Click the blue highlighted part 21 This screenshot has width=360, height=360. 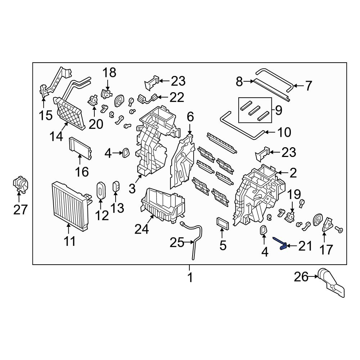(282, 244)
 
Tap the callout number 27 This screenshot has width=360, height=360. (20, 209)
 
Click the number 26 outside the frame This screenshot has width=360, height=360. (301, 277)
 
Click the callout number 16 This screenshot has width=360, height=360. (82, 171)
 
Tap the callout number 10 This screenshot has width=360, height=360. (284, 132)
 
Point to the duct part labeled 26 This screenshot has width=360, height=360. (331, 284)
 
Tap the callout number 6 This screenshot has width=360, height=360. (190, 117)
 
